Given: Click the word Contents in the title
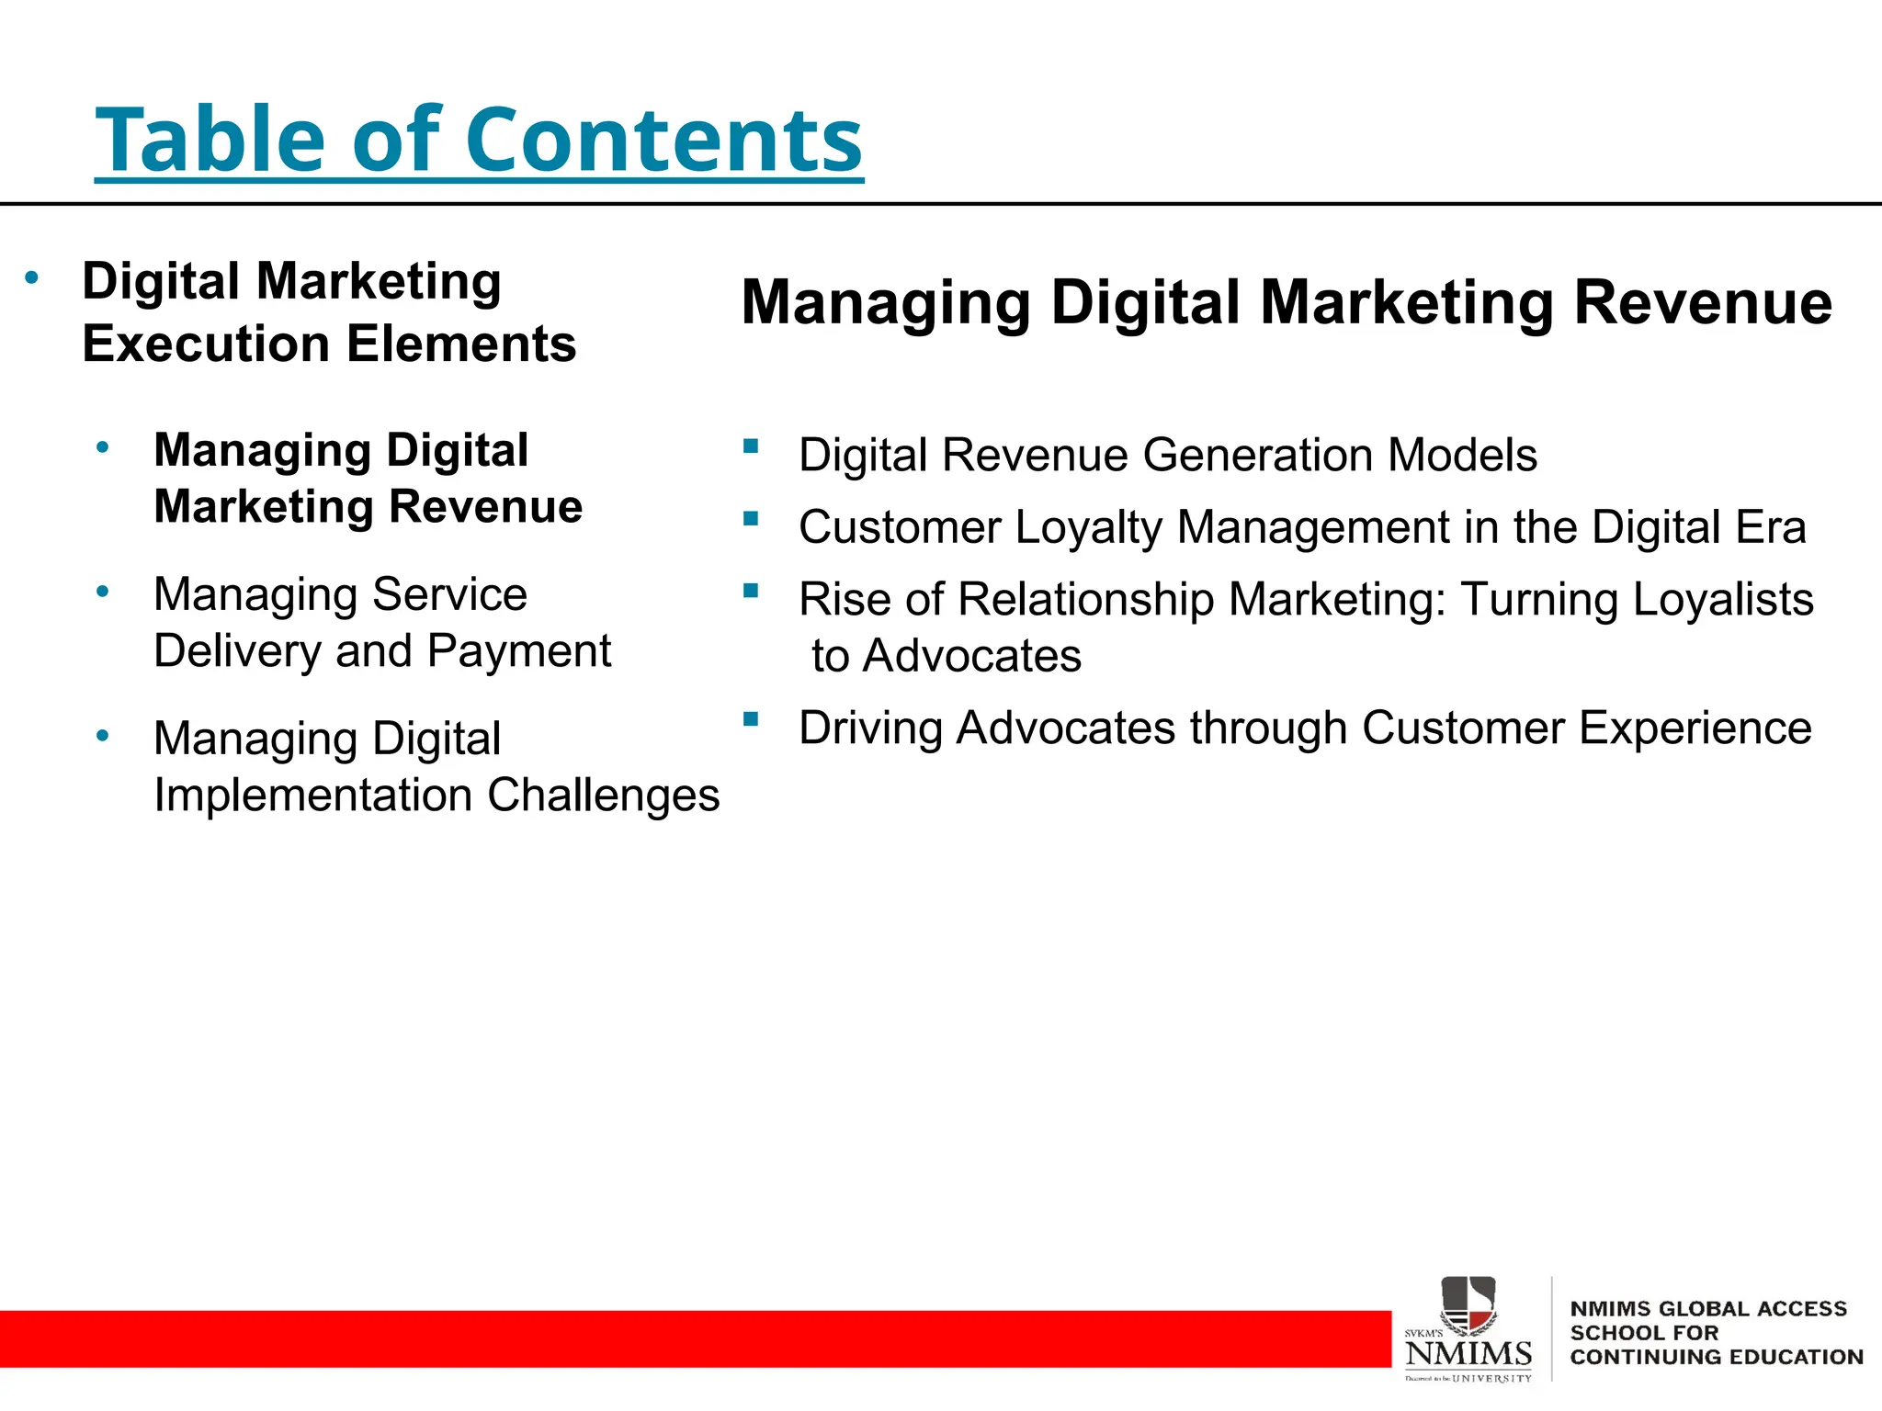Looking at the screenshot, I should (663, 140).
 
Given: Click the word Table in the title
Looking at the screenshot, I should (210, 140).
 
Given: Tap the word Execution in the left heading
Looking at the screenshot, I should (206, 344).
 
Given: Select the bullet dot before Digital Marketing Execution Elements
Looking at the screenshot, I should (32, 277).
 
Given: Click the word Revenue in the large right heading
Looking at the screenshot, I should (1703, 302).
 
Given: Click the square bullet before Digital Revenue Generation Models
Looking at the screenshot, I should (751, 447).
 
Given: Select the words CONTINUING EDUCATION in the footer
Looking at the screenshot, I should (1716, 1357).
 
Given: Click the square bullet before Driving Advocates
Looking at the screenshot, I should (751, 719).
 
